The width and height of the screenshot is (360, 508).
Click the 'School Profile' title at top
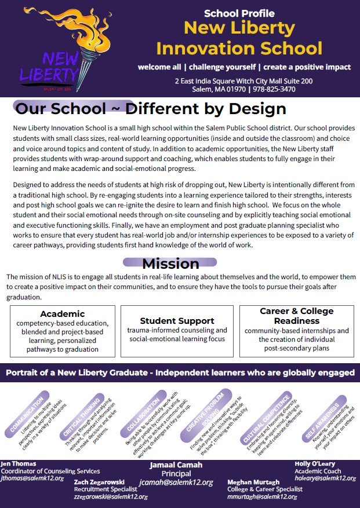pyautogui.click(x=239, y=13)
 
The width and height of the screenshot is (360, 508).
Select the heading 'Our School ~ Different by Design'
pyautogui.click(x=151, y=109)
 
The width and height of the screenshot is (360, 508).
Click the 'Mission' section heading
pyautogui.click(x=170, y=264)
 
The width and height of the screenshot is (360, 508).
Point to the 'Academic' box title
pyautogui.click(x=62, y=314)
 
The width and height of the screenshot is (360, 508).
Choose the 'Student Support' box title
pyautogui.click(x=177, y=320)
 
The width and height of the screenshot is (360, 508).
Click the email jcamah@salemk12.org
pyautogui.click(x=176, y=482)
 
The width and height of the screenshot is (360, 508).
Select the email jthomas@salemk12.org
pyautogui.click(x=32, y=478)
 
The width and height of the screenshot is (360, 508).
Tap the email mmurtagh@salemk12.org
pyautogui.click(x=263, y=496)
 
